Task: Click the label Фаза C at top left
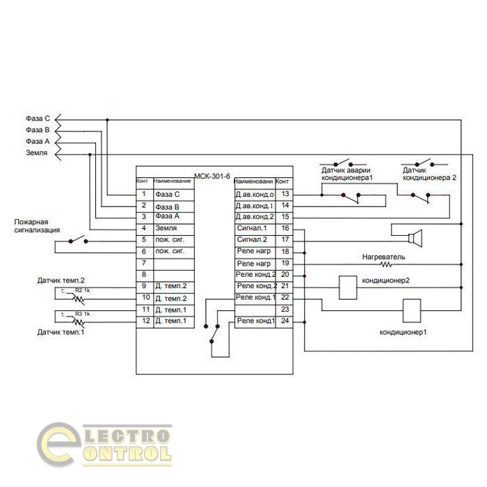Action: click(38, 119)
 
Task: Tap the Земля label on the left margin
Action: click(36, 152)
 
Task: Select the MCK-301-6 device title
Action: click(212, 175)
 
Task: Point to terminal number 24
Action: click(285, 321)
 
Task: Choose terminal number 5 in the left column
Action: click(144, 239)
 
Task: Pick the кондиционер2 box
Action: click(346, 286)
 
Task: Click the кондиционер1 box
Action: click(412, 310)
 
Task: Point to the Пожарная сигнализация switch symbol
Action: click(78, 241)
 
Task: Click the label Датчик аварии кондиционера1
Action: click(347, 174)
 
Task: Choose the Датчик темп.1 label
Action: click(61, 333)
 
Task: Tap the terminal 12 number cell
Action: click(144, 321)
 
